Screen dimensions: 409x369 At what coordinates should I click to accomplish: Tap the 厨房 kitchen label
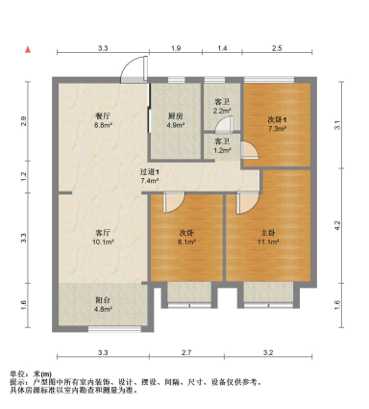(176, 115)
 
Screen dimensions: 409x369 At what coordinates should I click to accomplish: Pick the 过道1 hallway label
(149, 171)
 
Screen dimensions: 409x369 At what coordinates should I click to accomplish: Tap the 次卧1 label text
(277, 119)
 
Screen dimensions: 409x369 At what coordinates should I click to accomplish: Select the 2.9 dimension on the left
(26, 120)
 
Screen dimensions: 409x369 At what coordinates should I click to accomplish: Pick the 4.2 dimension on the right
(337, 226)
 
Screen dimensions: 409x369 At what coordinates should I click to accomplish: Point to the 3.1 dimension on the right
(337, 124)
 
